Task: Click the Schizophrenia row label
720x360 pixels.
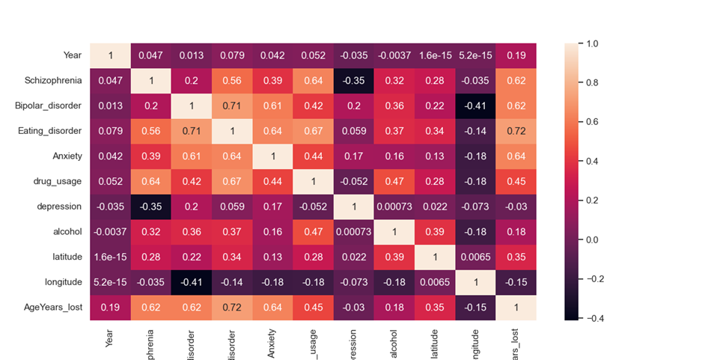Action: click(55, 80)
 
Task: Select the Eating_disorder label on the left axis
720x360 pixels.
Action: click(54, 131)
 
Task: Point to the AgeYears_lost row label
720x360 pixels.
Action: click(55, 307)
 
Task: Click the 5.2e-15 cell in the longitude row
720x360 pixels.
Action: click(110, 281)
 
